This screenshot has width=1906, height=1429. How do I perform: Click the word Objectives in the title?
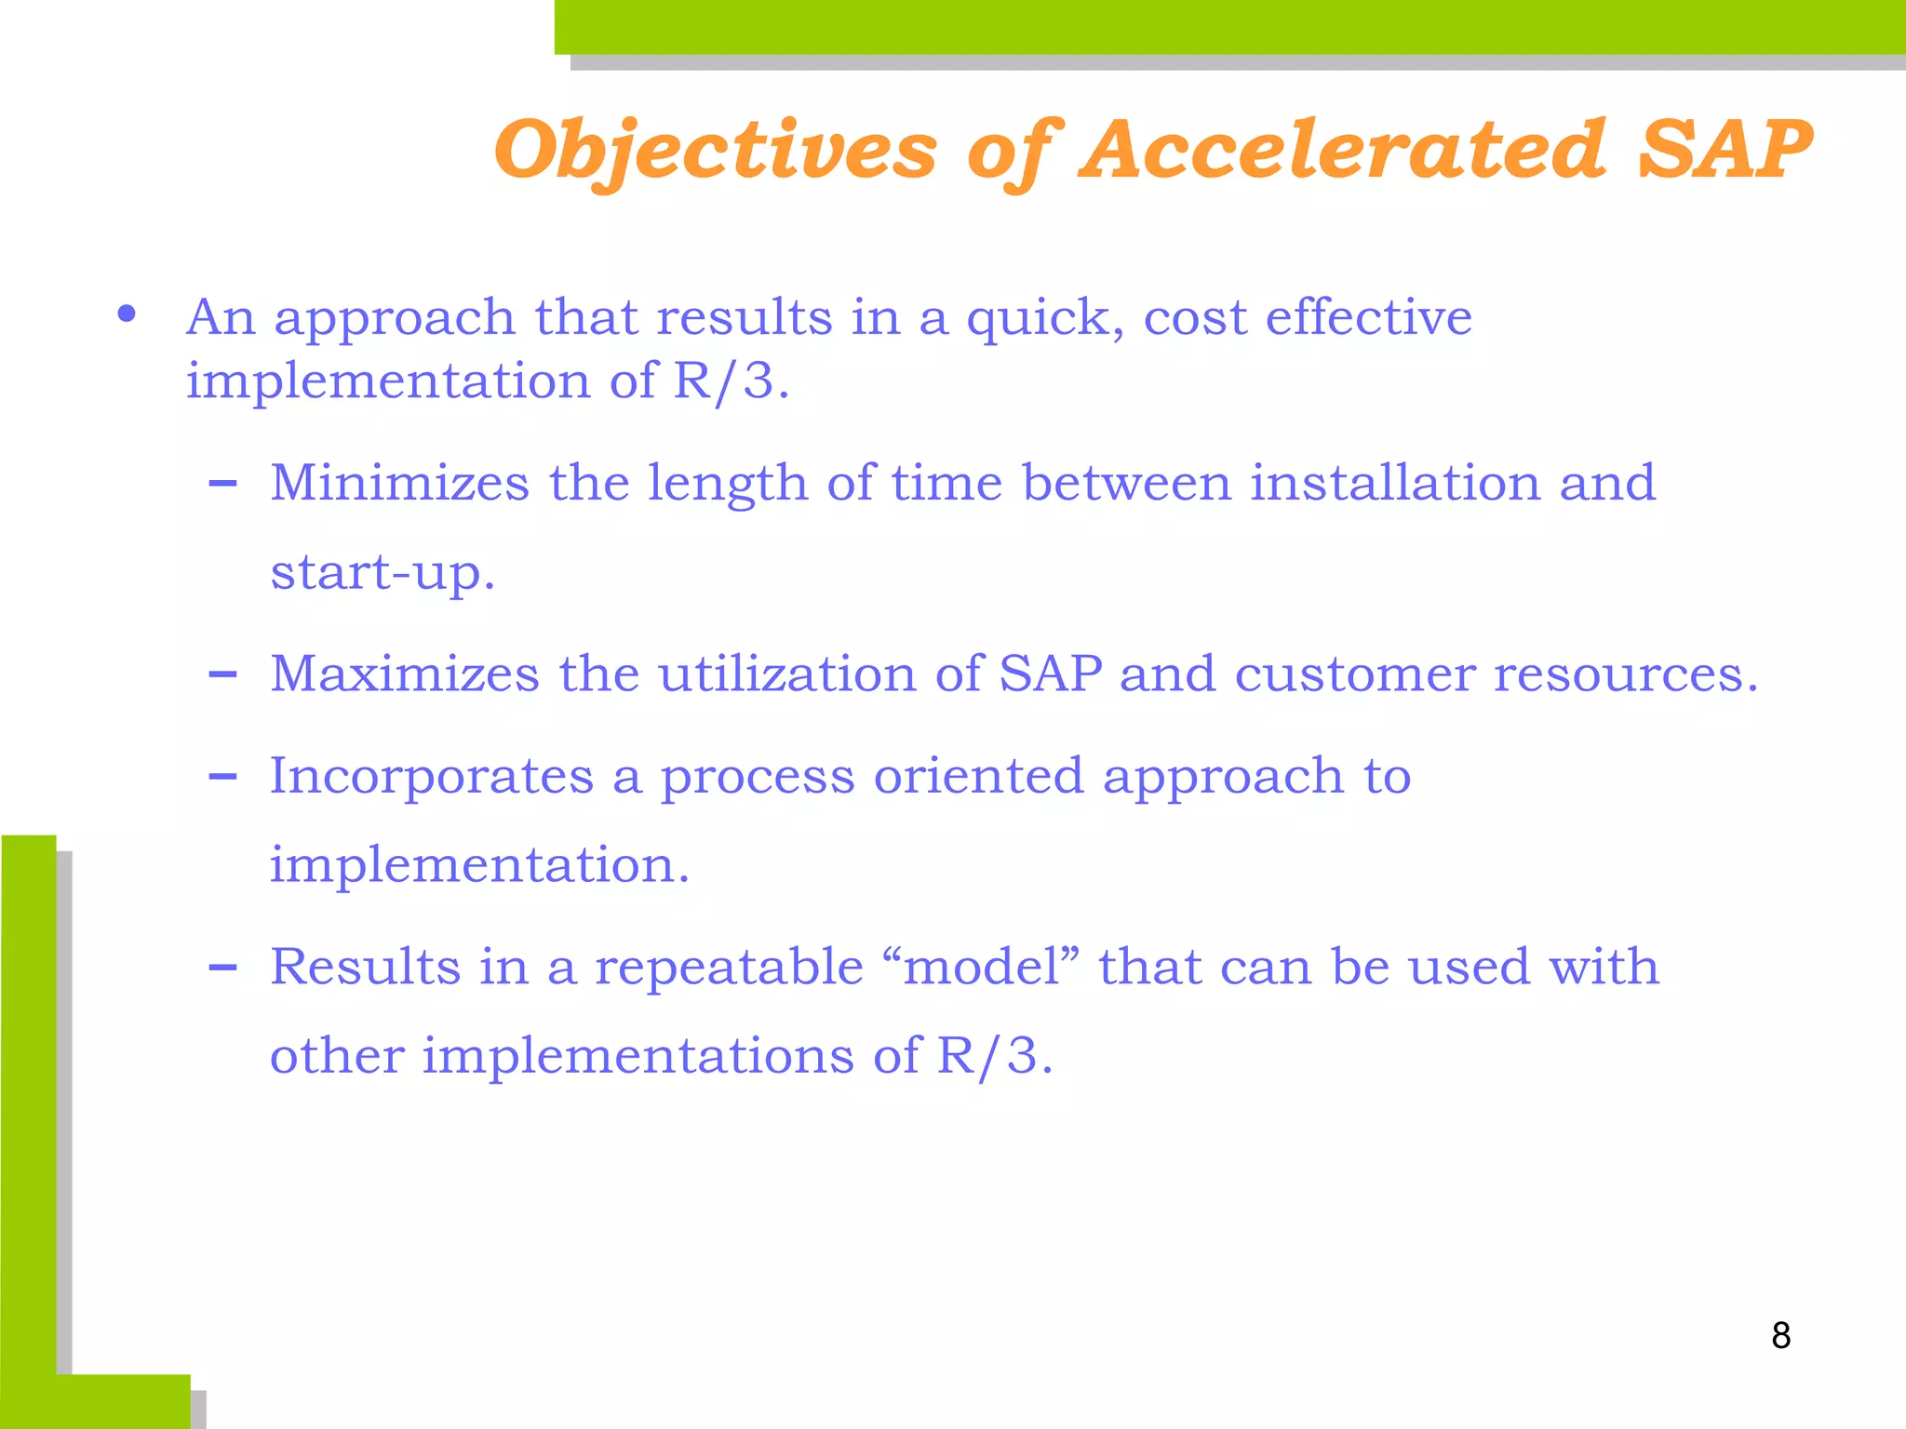pyautogui.click(x=715, y=151)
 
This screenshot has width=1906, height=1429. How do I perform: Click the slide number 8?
pyautogui.click(x=1780, y=1336)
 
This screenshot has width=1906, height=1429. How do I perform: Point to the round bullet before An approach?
pyautogui.click(x=128, y=314)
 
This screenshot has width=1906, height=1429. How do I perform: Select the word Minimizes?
pyautogui.click(x=399, y=484)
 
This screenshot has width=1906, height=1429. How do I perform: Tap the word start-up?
pyautogui.click(x=381, y=573)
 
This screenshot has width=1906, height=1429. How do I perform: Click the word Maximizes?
pyautogui.click(x=404, y=674)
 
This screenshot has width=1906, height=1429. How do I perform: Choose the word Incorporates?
pyautogui.click(x=431, y=776)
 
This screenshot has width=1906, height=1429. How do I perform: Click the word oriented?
pyautogui.click(x=978, y=776)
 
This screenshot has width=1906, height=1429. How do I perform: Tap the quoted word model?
pyautogui.click(x=981, y=968)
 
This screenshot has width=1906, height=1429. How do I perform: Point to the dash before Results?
pyautogui.click(x=222, y=968)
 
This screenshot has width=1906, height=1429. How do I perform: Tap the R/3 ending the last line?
pyautogui.click(x=992, y=1057)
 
